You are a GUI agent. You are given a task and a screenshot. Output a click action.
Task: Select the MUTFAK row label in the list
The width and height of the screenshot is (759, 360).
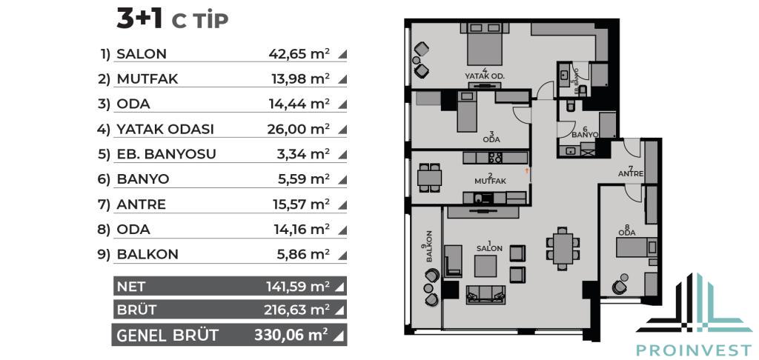click(x=148, y=79)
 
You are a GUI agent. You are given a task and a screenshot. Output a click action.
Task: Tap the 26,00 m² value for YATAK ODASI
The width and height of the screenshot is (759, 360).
click(x=299, y=129)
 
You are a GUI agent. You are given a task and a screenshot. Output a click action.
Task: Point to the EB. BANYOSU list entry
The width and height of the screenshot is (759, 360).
click(x=166, y=154)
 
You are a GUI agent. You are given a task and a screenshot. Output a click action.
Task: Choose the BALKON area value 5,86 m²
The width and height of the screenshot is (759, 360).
click(x=302, y=254)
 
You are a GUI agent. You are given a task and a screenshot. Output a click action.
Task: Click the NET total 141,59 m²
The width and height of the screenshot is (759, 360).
click(x=298, y=287)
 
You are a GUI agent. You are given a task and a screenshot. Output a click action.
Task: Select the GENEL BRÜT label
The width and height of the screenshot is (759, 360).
click(x=168, y=335)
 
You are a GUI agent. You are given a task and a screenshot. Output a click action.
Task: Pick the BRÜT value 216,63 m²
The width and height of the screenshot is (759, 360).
click(x=296, y=309)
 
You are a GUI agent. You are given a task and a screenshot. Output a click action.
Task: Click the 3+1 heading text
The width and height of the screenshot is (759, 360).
click(x=139, y=20)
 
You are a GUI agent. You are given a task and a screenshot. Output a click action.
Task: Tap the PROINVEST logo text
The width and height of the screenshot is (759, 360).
click(x=694, y=350)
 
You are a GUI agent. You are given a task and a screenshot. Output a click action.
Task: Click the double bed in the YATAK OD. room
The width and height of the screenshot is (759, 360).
click(x=485, y=44)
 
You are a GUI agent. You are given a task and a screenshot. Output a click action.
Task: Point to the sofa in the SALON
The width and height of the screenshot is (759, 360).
click(x=485, y=294)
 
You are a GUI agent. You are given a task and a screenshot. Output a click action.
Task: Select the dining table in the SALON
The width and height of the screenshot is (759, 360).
click(x=563, y=248)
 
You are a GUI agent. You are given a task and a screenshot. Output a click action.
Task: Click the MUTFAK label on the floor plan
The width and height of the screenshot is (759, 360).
click(x=490, y=181)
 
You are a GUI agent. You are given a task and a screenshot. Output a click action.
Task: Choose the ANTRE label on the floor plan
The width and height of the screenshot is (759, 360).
click(x=630, y=173)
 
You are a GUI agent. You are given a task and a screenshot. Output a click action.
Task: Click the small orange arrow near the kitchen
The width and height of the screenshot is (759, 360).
click(x=527, y=170)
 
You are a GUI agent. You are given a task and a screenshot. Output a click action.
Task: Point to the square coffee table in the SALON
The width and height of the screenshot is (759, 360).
click(x=485, y=266)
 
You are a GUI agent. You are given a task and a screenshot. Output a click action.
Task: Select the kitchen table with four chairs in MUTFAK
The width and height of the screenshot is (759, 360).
click(x=429, y=178)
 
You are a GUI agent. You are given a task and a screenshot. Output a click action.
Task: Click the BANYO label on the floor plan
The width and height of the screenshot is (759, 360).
click(x=586, y=135)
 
